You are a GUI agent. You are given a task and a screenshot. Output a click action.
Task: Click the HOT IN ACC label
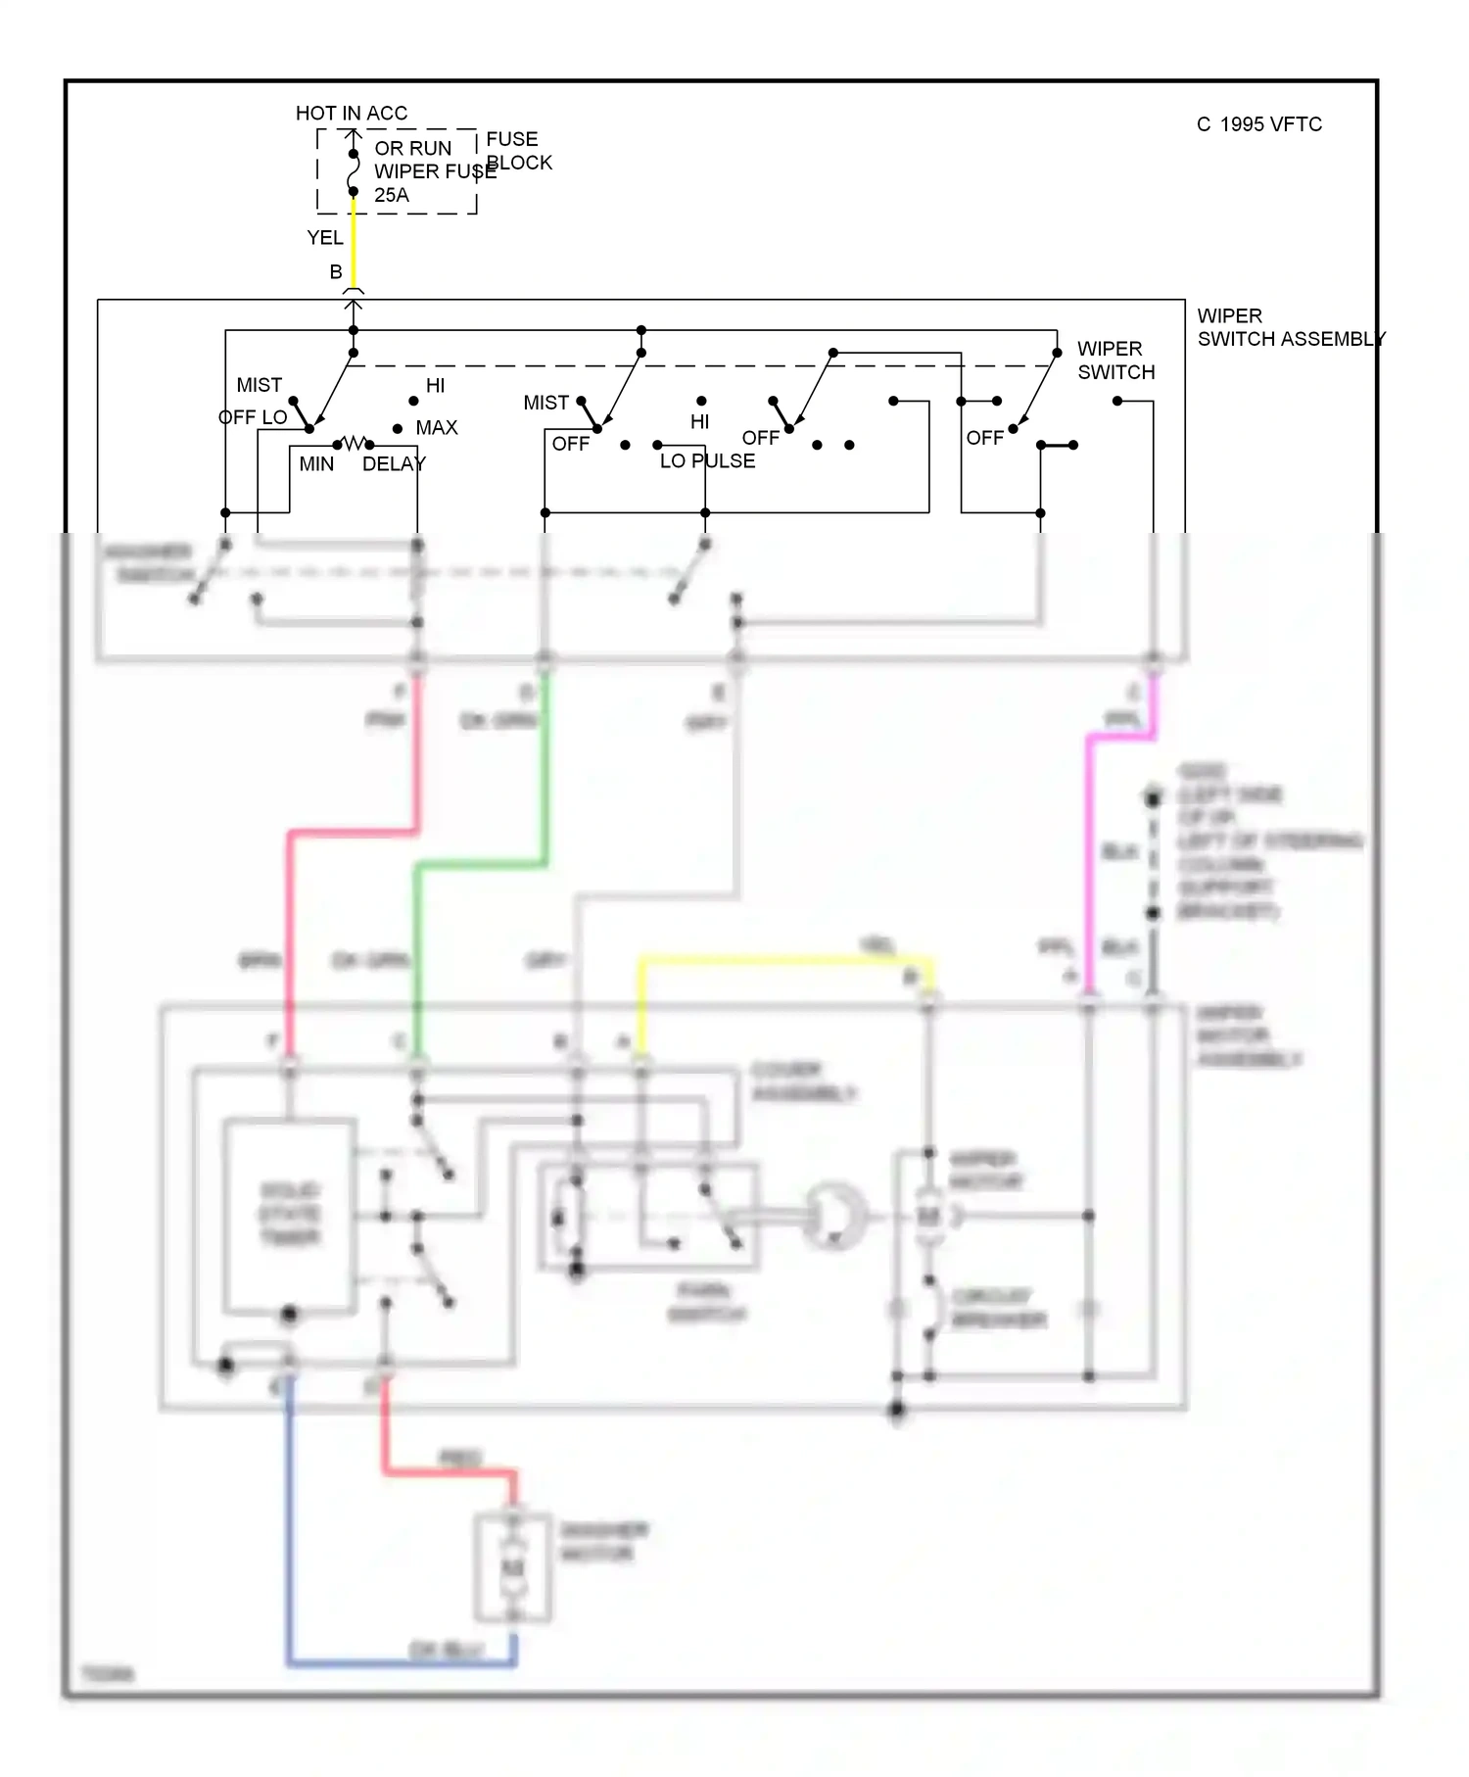tap(351, 113)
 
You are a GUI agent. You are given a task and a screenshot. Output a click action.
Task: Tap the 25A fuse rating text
tap(392, 195)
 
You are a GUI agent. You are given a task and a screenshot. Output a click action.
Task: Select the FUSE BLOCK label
tap(518, 151)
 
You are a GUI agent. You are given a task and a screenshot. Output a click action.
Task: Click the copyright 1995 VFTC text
tap(1259, 124)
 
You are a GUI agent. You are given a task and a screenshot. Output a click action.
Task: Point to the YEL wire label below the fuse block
tap(324, 238)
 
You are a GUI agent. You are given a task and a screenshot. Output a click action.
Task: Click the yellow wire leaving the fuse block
tap(354, 245)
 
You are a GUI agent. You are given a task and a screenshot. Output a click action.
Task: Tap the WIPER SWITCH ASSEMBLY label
tap(1290, 327)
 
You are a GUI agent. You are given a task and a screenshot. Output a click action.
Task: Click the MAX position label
tap(436, 427)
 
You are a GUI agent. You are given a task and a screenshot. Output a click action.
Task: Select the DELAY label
tap(394, 464)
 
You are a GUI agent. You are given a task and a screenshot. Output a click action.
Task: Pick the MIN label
tap(316, 464)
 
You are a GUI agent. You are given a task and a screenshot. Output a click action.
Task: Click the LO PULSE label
tap(707, 461)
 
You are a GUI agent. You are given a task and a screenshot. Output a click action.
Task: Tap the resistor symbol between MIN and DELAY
tap(354, 444)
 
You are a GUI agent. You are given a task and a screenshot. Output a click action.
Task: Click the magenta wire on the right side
tap(1089, 862)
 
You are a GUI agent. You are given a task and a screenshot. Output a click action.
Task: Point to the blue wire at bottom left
tap(290, 1528)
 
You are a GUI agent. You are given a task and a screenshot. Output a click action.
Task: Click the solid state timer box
tap(290, 1215)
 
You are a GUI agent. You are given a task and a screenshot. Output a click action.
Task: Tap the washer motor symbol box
tap(513, 1568)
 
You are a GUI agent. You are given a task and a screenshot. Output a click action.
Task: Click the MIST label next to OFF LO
tap(259, 385)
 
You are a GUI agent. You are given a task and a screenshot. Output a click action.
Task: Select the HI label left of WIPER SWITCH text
tap(699, 422)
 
